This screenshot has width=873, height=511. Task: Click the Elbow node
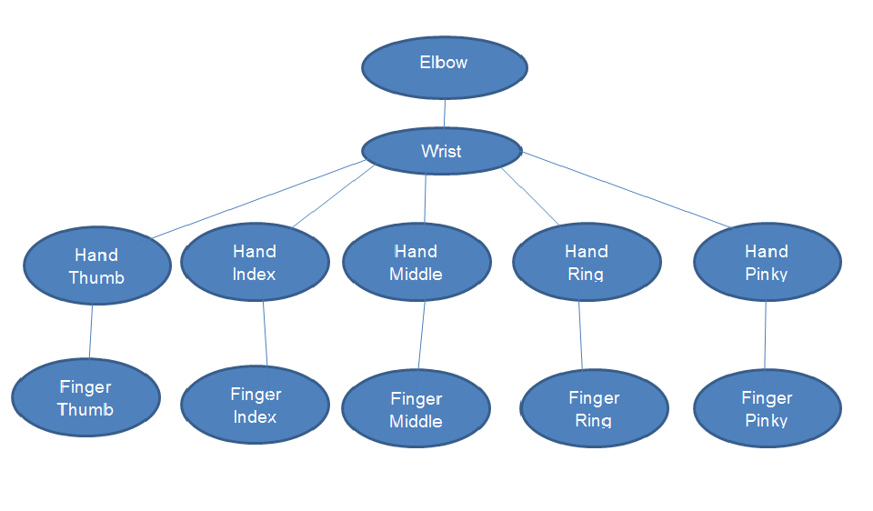pos(444,66)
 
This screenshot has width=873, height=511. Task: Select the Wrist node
pos(442,151)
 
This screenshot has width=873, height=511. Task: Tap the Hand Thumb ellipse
pos(96,266)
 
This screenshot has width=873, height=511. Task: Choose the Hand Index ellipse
pos(255,262)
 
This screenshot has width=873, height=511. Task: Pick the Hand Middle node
pos(416,262)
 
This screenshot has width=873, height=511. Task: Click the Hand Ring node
pos(587,262)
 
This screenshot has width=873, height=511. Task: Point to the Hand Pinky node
pos(767,262)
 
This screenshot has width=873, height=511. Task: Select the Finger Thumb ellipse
pos(85,398)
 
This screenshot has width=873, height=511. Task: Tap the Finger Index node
pos(256,406)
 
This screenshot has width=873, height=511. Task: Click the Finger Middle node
pos(416,409)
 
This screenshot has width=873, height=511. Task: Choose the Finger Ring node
pos(594,408)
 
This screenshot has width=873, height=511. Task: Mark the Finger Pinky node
pos(767,408)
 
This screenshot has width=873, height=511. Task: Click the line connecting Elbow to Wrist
pos(444,113)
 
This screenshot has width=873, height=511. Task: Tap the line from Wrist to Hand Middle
pos(425,197)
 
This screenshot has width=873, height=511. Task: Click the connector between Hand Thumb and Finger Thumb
pos(91,332)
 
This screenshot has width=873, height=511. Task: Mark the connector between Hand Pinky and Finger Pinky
pos(765,335)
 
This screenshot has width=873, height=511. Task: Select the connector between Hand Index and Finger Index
pos(265,334)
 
